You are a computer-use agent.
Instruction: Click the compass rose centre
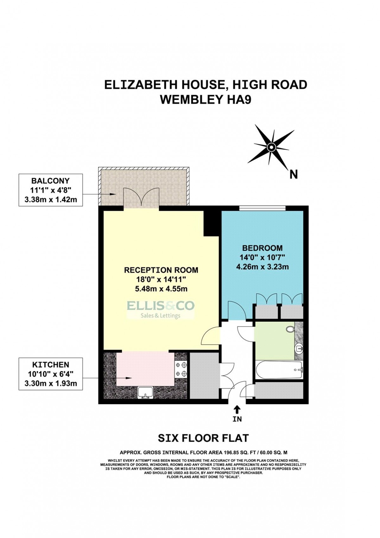pyautogui.click(x=271, y=147)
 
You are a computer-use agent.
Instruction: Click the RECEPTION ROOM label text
pyautogui.click(x=161, y=270)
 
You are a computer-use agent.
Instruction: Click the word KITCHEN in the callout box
pyautogui.click(x=51, y=365)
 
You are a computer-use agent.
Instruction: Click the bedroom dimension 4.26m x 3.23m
pyautogui.click(x=262, y=267)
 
